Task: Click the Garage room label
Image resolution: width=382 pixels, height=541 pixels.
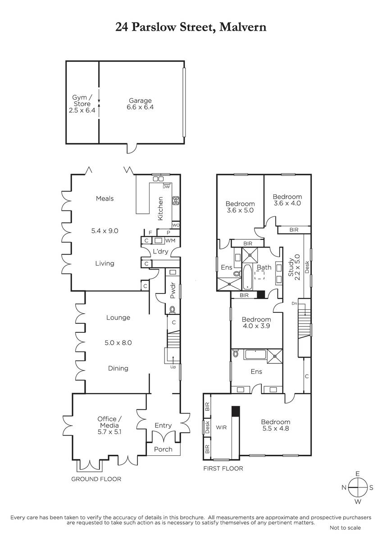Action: point(140,101)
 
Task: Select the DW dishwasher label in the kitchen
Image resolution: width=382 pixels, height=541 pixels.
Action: point(166,187)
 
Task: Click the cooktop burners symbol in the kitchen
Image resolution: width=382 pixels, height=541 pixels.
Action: point(175,201)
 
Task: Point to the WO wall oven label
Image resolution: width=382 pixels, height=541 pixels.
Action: point(176,225)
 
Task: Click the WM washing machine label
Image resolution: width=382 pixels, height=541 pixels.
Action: point(170,241)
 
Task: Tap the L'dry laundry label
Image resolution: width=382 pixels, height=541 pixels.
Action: point(160,252)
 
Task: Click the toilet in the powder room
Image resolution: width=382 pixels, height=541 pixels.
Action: point(172,309)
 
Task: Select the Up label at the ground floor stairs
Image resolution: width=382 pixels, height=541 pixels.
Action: point(173,367)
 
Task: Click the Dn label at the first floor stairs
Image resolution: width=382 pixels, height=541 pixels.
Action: point(294,303)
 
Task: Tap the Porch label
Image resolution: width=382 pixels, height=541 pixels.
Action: point(163,449)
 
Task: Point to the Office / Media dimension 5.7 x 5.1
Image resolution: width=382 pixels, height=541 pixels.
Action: point(109,431)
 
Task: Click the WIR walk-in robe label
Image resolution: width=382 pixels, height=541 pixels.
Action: point(221,427)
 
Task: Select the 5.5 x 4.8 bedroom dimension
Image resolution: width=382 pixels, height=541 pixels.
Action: point(275,428)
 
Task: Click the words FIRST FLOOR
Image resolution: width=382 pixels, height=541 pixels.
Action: point(223,468)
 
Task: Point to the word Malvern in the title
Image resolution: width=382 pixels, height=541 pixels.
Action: point(243,27)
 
